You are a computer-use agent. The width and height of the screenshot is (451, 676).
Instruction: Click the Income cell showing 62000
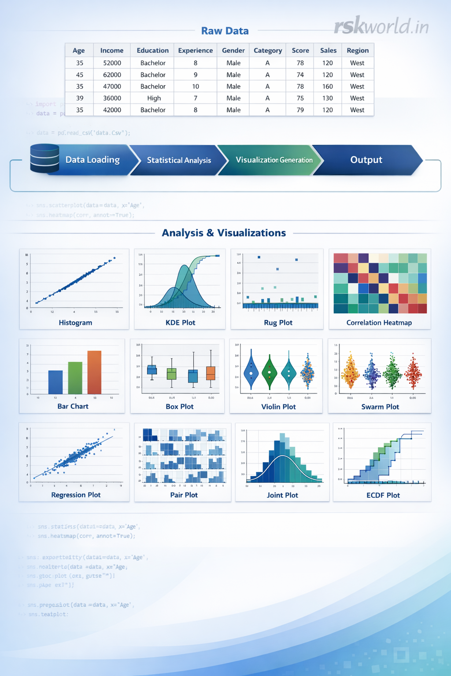(x=112, y=75)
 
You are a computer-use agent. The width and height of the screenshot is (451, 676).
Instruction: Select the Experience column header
(x=195, y=51)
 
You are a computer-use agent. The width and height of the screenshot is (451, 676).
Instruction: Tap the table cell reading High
(x=154, y=98)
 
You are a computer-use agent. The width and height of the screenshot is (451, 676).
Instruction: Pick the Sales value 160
(x=327, y=87)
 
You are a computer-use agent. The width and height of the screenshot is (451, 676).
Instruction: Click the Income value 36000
(x=112, y=98)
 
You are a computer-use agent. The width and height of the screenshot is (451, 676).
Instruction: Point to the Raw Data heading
(x=225, y=31)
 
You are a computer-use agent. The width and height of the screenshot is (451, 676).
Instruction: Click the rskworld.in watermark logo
(x=381, y=26)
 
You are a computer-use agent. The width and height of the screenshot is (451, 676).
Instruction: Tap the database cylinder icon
(x=44, y=158)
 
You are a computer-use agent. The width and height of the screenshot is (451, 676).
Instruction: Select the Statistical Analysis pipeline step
(x=178, y=160)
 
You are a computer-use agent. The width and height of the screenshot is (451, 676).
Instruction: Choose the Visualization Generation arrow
(x=274, y=160)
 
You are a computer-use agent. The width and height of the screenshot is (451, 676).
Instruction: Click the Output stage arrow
(x=366, y=160)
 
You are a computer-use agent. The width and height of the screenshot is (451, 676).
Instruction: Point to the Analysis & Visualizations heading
(x=224, y=233)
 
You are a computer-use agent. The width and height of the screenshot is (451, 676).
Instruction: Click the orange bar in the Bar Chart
(x=94, y=372)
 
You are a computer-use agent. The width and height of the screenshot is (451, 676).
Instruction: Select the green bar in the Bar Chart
(x=75, y=378)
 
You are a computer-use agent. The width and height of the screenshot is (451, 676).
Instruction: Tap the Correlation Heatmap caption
(x=379, y=323)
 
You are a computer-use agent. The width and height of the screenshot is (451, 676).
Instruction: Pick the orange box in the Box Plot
(x=211, y=373)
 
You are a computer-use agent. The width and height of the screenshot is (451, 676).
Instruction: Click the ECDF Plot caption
(x=383, y=495)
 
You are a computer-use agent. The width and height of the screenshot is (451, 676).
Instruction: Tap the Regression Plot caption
(x=76, y=495)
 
